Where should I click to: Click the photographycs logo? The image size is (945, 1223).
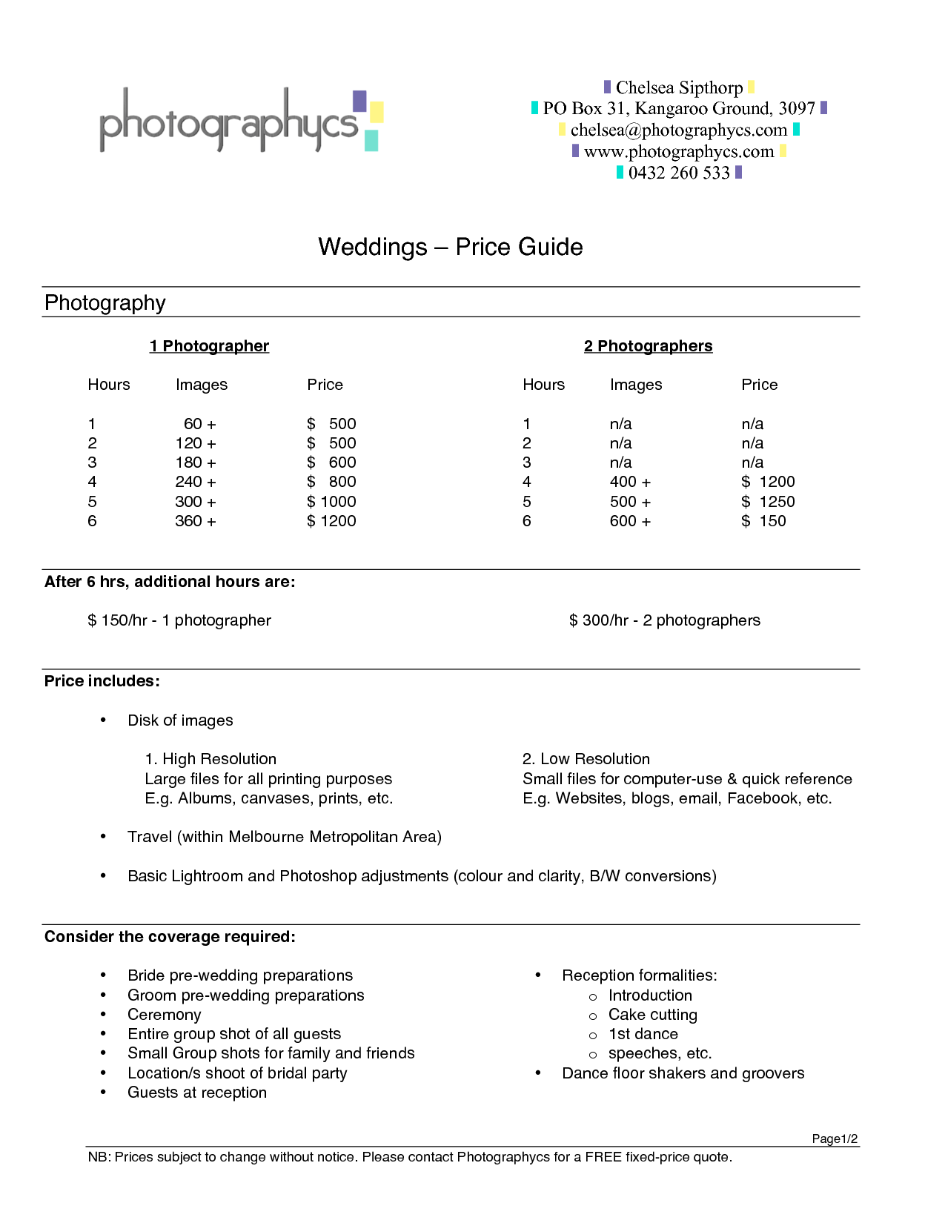coord(239,120)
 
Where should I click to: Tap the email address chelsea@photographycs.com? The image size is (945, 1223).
coord(678,130)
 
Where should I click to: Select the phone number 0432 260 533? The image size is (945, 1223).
coord(679,173)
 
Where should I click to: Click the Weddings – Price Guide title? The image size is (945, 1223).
coord(450,247)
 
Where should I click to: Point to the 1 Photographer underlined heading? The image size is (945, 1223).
coord(209,346)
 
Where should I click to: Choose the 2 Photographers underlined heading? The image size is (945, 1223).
coord(648,346)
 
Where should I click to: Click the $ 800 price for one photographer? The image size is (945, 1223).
coord(331,482)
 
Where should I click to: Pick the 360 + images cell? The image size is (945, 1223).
coord(196,521)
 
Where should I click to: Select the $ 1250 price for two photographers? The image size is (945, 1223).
coord(768,502)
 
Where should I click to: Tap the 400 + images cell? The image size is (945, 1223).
coord(630,482)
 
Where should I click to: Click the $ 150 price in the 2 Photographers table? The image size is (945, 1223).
coord(763,521)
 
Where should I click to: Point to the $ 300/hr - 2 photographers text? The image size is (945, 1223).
coord(664,620)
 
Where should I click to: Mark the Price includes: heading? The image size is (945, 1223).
coord(102,681)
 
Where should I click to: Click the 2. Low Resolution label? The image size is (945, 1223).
coord(586,759)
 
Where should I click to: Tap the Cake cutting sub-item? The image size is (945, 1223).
coord(652,1015)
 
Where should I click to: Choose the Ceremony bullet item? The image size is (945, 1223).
coord(164,1015)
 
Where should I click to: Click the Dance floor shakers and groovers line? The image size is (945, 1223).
coord(683,1073)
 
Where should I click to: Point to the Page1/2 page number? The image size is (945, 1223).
coord(835,1139)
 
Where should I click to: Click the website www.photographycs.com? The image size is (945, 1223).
coord(678,152)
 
